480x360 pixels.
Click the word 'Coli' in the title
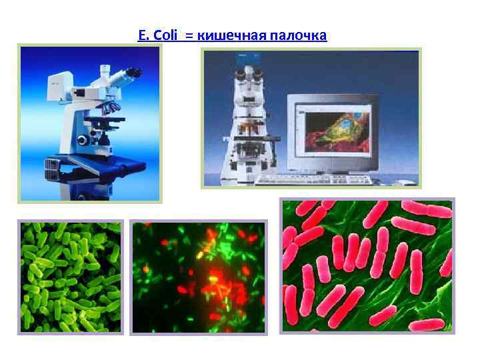(x=165, y=35)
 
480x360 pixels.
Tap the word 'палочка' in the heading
(x=299, y=35)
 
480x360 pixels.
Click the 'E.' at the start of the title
(x=142, y=35)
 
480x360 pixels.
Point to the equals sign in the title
(x=189, y=35)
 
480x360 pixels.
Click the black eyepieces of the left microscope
(x=131, y=71)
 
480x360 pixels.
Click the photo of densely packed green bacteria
(x=70, y=277)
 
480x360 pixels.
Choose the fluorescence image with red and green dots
(x=199, y=277)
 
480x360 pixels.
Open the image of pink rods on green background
(x=367, y=267)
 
